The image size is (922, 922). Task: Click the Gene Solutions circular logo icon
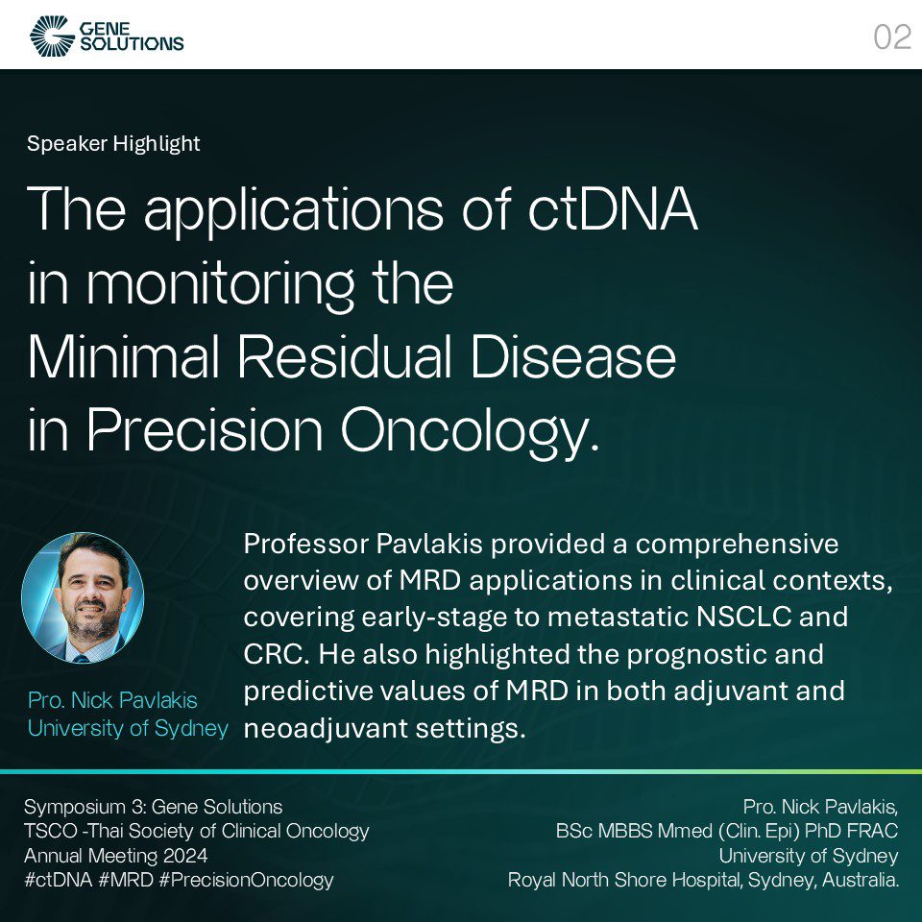coord(50,36)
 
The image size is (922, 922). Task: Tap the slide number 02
coord(891,37)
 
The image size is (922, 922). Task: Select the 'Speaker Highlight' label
coord(113,144)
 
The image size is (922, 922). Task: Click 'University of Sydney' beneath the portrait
coord(128,728)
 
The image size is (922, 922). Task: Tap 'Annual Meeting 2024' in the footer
coord(115,855)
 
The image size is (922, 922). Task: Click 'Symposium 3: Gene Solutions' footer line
coord(154,806)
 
